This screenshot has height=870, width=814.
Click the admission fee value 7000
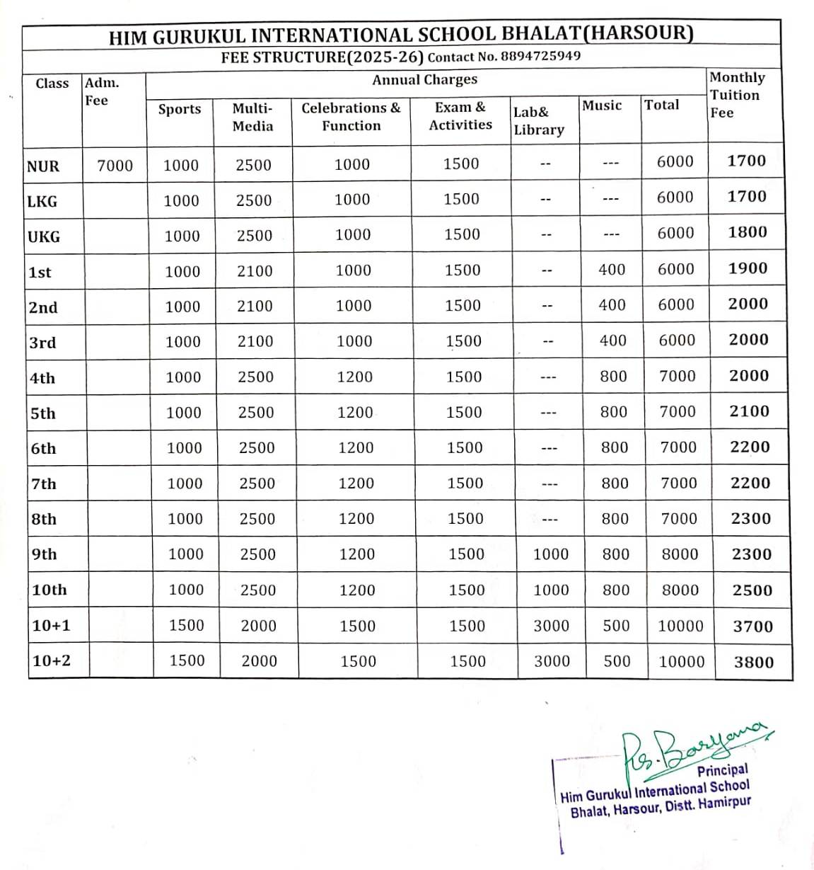point(115,166)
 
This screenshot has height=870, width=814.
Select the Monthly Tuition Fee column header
point(736,95)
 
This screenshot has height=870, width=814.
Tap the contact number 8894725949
point(540,56)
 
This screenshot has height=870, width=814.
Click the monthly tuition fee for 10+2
point(754,662)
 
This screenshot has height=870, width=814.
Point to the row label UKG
point(44,236)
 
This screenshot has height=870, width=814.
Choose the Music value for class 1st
point(612,269)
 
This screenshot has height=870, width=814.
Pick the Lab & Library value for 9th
point(551,554)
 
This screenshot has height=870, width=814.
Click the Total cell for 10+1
point(680,626)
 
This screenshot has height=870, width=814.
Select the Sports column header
point(180,109)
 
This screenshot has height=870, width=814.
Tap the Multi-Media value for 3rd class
point(255,341)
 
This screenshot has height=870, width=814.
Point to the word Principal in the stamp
point(722,770)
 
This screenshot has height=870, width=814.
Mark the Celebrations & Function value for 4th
point(354,377)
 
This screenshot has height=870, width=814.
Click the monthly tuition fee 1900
point(748,268)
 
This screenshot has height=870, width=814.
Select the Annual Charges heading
point(424,79)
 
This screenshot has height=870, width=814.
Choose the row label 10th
point(50,590)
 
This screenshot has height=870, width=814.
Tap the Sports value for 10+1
point(186,625)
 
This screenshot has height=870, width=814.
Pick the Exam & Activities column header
point(460,116)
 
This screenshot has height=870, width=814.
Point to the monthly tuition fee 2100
point(749,411)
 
